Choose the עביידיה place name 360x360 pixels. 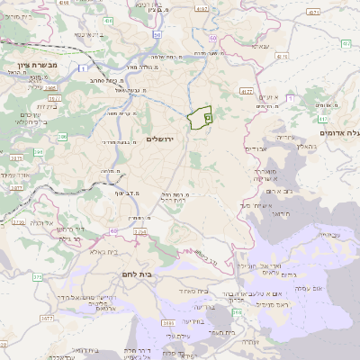(x=329, y=235)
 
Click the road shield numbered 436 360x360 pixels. (x=108, y=19)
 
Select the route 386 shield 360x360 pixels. (x=63, y=136)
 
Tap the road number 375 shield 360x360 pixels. (x=38, y=277)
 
